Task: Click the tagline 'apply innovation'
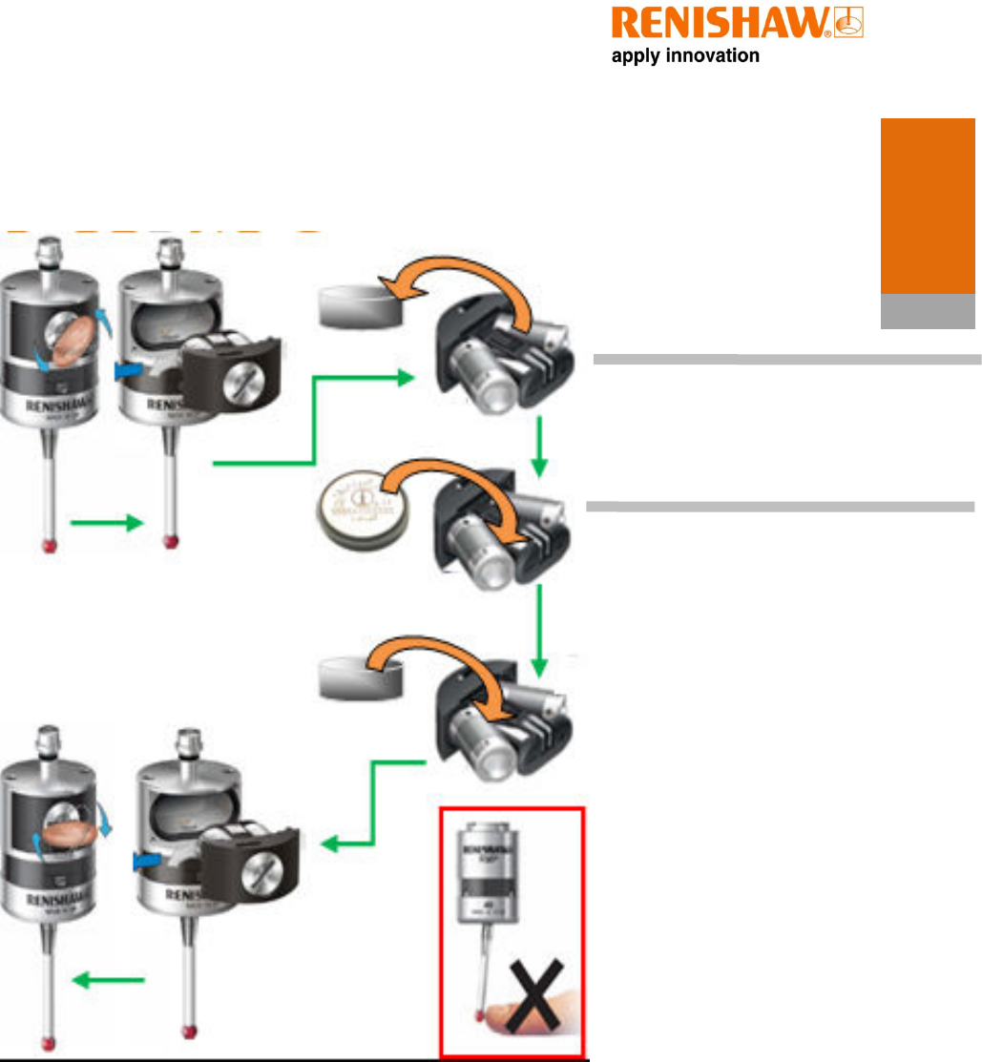685,56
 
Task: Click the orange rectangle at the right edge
927,205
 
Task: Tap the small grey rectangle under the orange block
927,311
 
